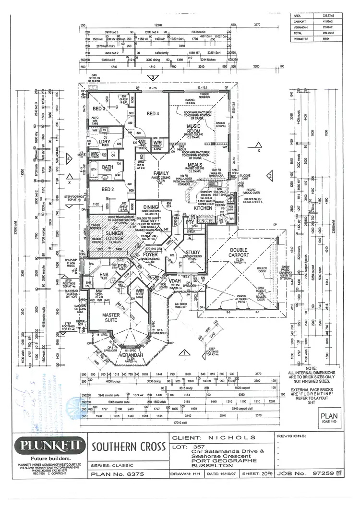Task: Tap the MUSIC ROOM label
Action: click(x=193, y=129)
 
